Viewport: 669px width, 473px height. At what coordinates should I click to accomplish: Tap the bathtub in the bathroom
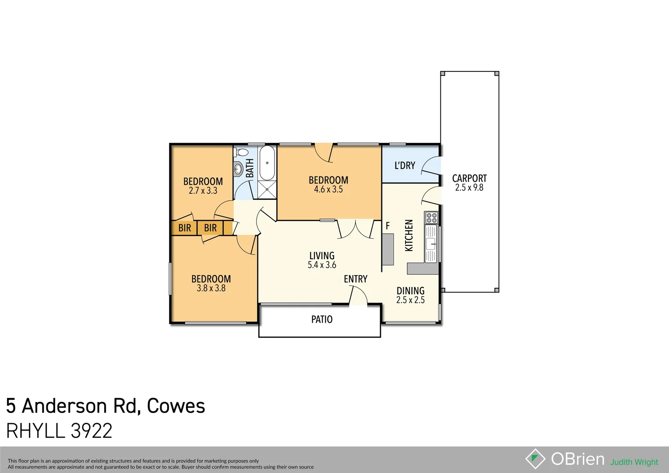pyautogui.click(x=267, y=163)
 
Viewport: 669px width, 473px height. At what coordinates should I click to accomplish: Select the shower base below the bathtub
pyautogui.click(x=267, y=189)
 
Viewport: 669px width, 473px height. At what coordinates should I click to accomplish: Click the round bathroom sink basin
pyautogui.click(x=239, y=168)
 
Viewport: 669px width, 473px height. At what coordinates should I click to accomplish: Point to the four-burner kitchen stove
pyautogui.click(x=431, y=218)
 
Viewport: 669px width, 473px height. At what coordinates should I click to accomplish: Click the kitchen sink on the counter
pyautogui.click(x=431, y=244)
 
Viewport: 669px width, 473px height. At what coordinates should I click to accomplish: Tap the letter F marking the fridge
pyautogui.click(x=387, y=226)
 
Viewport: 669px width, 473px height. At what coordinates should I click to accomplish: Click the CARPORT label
pyautogui.click(x=469, y=178)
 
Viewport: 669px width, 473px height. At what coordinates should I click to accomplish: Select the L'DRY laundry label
pyautogui.click(x=405, y=166)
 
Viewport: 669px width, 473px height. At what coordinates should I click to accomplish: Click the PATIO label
pyautogui.click(x=322, y=320)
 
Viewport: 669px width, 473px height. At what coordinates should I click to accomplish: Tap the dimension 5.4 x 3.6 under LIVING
pyautogui.click(x=322, y=265)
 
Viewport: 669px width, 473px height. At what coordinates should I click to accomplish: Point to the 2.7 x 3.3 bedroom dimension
pyautogui.click(x=203, y=191)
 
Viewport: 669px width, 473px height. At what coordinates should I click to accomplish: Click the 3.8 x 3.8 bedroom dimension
pyautogui.click(x=211, y=288)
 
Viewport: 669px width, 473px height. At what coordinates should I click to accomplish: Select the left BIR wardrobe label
pyautogui.click(x=184, y=228)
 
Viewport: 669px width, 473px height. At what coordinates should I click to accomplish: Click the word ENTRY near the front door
pyautogui.click(x=356, y=279)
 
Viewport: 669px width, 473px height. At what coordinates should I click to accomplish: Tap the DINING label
pyautogui.click(x=410, y=291)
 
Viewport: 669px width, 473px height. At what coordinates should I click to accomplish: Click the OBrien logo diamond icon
pyautogui.click(x=535, y=459)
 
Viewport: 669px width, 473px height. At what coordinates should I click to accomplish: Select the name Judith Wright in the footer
pyautogui.click(x=634, y=462)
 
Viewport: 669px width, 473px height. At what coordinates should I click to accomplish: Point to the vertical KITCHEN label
pyautogui.click(x=409, y=235)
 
